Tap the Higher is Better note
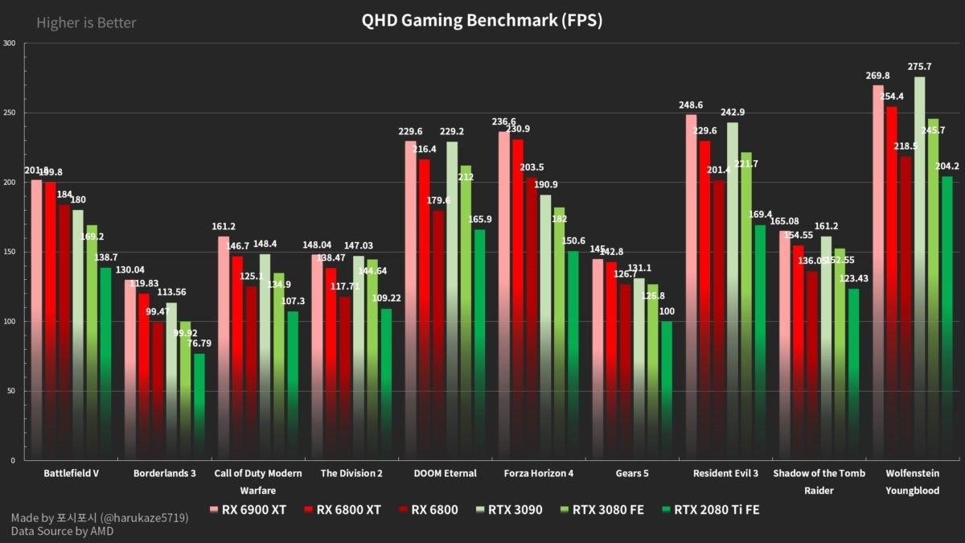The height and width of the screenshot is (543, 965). [86, 23]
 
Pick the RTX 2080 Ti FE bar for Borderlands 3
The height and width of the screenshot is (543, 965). [199, 406]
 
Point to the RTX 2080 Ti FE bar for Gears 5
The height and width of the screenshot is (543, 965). [666, 390]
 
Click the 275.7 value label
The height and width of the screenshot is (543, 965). [919, 67]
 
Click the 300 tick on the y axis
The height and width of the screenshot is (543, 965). [10, 43]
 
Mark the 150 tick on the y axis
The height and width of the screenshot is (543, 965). [10, 252]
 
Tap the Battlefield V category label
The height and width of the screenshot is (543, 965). [71, 473]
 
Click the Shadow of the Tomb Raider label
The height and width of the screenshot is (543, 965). [819, 481]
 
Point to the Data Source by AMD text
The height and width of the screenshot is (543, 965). [63, 532]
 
